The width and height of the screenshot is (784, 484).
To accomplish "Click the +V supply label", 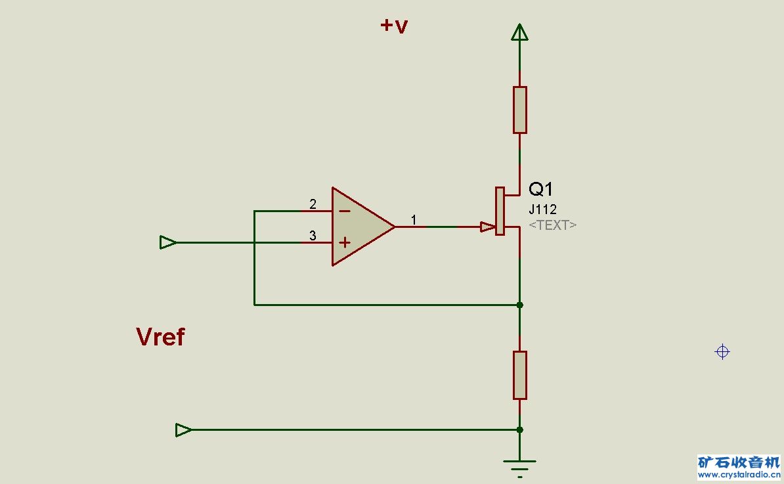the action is pyautogui.click(x=394, y=26).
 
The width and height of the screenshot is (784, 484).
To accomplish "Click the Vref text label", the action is pyautogui.click(x=160, y=337).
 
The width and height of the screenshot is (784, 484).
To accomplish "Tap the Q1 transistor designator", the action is pyautogui.click(x=540, y=189).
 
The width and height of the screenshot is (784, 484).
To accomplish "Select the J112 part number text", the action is pyautogui.click(x=542, y=209).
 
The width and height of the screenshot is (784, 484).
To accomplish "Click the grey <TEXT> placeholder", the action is pyautogui.click(x=552, y=225).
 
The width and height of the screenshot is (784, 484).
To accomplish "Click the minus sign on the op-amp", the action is pyautogui.click(x=345, y=211).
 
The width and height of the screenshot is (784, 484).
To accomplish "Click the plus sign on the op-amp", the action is pyautogui.click(x=345, y=243).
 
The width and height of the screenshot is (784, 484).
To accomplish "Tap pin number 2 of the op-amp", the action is pyautogui.click(x=313, y=204).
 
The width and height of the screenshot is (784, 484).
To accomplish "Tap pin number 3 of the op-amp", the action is pyautogui.click(x=313, y=236).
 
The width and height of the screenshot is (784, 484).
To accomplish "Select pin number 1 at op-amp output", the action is pyautogui.click(x=414, y=219).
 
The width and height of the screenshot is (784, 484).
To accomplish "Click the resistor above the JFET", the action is pyautogui.click(x=520, y=110).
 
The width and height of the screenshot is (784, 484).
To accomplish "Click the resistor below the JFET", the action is pyautogui.click(x=520, y=375).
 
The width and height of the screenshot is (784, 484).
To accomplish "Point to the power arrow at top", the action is pyautogui.click(x=520, y=32).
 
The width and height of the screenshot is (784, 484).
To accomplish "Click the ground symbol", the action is pyautogui.click(x=520, y=468).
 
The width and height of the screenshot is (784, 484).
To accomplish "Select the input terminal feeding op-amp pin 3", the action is pyautogui.click(x=168, y=242).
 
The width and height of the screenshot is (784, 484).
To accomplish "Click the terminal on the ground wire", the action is pyautogui.click(x=183, y=430).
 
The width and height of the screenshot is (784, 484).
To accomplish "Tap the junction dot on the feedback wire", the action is pyautogui.click(x=520, y=305).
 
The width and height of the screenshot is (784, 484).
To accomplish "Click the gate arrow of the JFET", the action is pyautogui.click(x=487, y=227).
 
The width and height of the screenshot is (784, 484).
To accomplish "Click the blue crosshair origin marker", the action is pyautogui.click(x=722, y=352).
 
